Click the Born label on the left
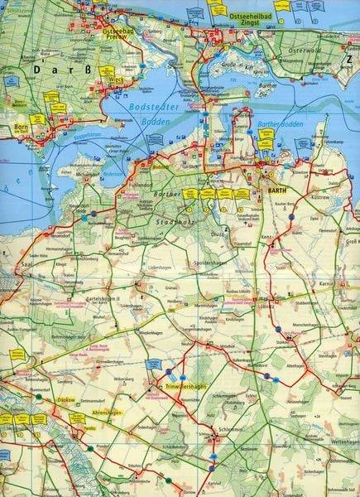coord(20,128)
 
